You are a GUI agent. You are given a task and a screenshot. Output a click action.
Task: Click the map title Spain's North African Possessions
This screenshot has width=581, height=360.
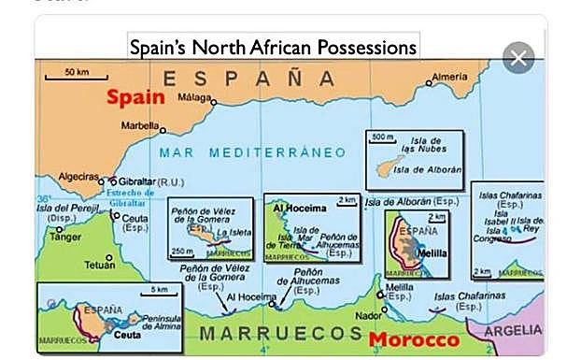pyautogui.click(x=272, y=47)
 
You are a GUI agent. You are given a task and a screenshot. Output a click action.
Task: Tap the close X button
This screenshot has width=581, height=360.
pyautogui.click(x=518, y=58)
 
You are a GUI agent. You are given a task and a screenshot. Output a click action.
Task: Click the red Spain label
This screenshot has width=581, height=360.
pyautogui.click(x=135, y=96)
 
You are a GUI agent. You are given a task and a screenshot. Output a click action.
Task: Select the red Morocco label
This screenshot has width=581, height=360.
pyautogui.click(x=414, y=340)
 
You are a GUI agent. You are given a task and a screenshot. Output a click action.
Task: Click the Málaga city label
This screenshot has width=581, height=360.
pyautogui.click(x=194, y=97)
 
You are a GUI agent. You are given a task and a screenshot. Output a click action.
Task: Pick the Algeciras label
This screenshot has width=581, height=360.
pyautogui.click(x=78, y=176)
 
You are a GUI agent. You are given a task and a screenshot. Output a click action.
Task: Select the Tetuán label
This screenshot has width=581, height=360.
pyautogui.click(x=100, y=265)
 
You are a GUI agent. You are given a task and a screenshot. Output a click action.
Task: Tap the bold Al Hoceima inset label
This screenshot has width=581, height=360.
pyautogui.click(x=290, y=207)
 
